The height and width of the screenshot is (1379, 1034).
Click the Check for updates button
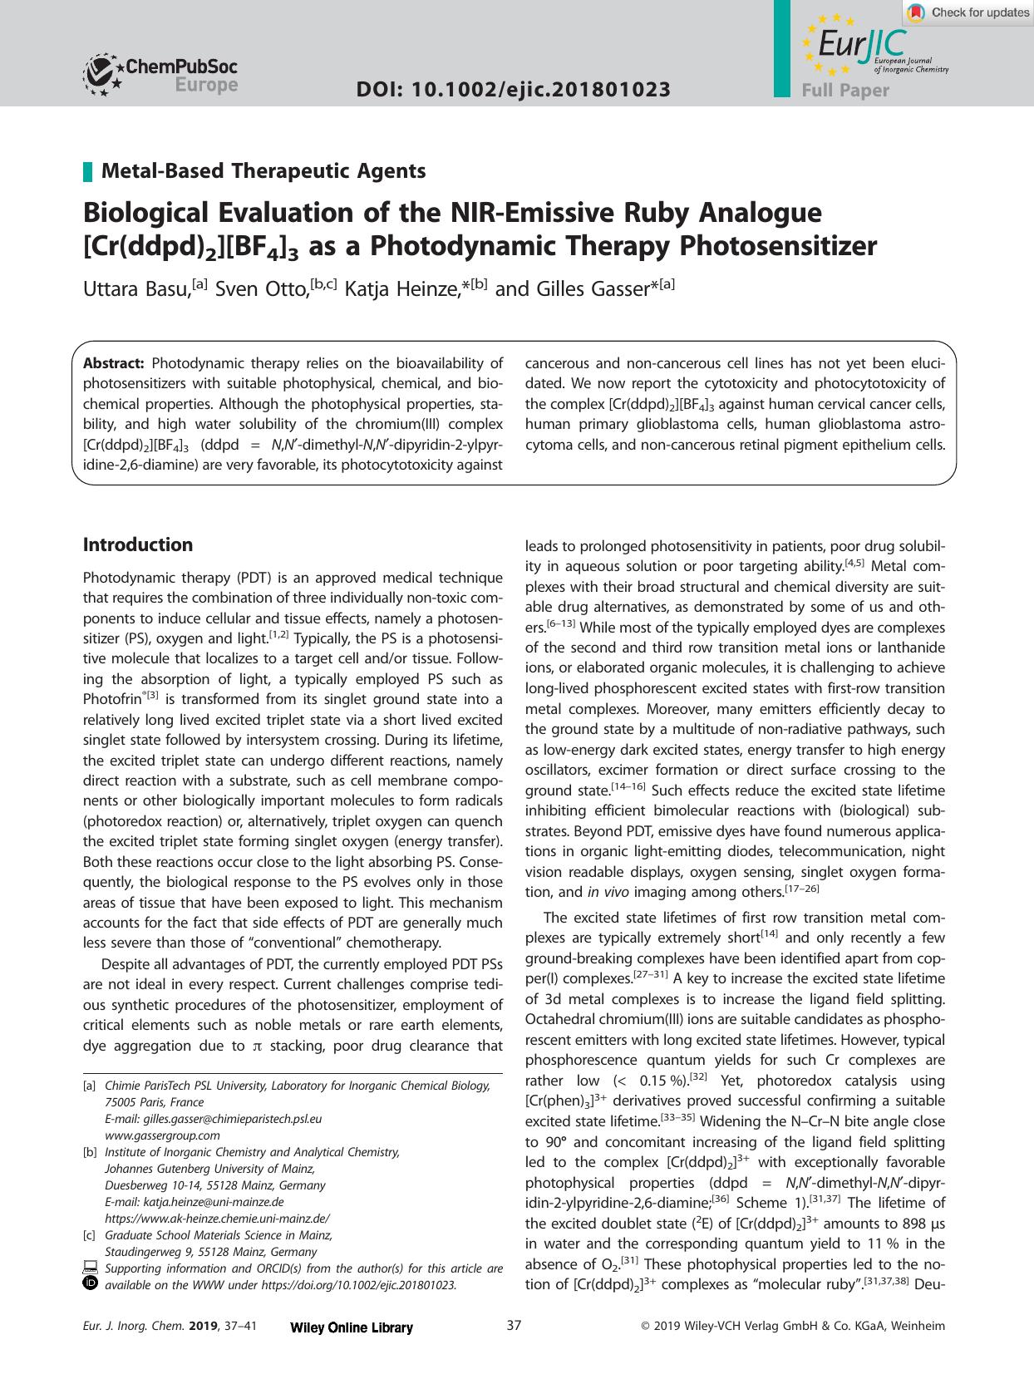click(x=968, y=12)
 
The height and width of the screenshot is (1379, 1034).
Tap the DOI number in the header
click(x=513, y=90)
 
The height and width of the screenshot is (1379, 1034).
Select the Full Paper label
click(x=844, y=91)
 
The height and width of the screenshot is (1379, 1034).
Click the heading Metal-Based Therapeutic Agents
click(x=263, y=171)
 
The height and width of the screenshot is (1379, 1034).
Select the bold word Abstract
click(x=114, y=363)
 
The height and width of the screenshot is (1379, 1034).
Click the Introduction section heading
click(x=138, y=545)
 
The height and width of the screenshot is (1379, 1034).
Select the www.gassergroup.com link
click(x=162, y=1135)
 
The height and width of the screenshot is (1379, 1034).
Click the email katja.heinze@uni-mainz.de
click(x=213, y=1202)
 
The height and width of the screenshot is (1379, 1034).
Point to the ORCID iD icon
click(x=91, y=1284)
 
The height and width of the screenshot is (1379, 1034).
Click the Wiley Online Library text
click(x=352, y=1327)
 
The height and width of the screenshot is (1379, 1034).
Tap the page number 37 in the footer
click(x=514, y=1326)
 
